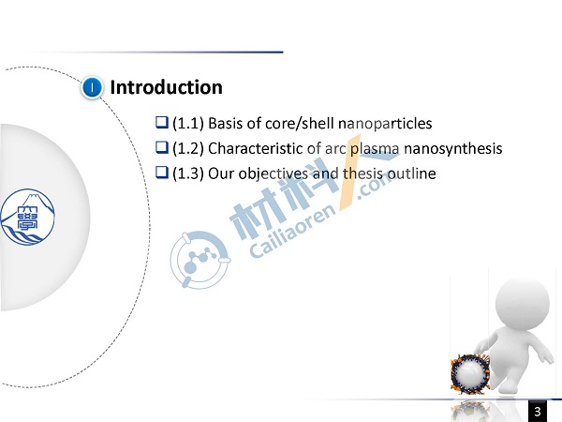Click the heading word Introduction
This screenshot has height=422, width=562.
167,87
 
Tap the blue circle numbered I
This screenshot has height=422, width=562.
92,87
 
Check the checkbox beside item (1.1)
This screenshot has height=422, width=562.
162,122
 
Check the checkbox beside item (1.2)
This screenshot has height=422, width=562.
162,147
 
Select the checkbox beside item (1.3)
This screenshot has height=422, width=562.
162,173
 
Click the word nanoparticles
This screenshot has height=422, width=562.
385,124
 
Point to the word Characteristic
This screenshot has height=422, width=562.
255,148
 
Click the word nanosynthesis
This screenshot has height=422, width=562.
453,149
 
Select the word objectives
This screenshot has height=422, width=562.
274,173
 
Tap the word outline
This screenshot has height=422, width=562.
412,173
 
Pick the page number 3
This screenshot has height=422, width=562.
538,412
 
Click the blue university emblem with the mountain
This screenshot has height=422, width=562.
27,218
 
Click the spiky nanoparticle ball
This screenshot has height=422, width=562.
470,373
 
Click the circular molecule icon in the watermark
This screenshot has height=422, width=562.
200,260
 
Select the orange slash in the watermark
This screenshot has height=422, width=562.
350,173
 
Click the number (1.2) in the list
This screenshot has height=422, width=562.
188,148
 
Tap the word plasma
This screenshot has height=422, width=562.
375,149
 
